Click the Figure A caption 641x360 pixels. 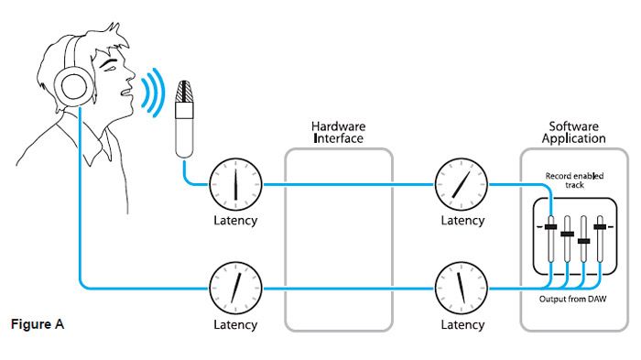point(38,324)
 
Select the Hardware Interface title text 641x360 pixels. point(338,132)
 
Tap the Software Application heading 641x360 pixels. point(574,132)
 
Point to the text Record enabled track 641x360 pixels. point(574,180)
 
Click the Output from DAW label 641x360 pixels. point(572,299)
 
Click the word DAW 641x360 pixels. point(597,299)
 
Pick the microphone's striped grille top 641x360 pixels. point(184,92)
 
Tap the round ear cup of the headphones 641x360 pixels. point(73,86)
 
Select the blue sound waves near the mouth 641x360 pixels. point(153,93)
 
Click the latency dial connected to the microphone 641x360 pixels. point(235,184)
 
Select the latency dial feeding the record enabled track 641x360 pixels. point(462,184)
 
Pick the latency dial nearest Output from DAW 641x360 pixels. point(462,289)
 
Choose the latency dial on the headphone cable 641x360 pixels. point(235,289)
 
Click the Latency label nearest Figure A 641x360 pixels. point(235,325)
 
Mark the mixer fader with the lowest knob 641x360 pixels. point(584,241)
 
